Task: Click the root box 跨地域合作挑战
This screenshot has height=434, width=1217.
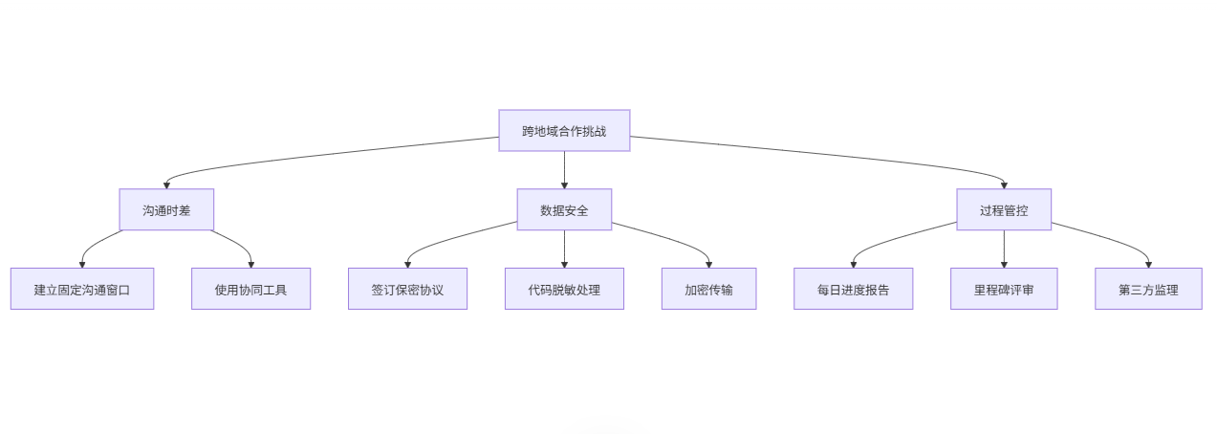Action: pos(564,131)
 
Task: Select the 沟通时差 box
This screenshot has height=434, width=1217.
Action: pos(166,209)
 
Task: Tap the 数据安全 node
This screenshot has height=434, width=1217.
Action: pos(564,209)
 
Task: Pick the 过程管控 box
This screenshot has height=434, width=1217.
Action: pos(1004,209)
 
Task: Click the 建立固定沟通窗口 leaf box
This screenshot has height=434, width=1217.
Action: pos(82,289)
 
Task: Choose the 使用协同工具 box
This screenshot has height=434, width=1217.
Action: pos(250,289)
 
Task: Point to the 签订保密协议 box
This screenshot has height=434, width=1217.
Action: pos(407,289)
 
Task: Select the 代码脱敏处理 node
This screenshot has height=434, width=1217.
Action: pos(564,289)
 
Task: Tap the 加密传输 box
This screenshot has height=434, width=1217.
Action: pos(708,289)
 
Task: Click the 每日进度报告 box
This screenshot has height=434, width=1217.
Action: pos(853,289)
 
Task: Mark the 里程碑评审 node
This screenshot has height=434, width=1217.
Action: pos(1004,289)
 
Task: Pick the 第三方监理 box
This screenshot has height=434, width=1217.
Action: pos(1148,289)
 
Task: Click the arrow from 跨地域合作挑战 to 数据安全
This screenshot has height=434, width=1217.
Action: pos(564,169)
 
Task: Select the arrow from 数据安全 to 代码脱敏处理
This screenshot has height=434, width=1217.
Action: pos(564,249)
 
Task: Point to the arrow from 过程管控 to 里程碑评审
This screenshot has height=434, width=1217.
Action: pos(1004,249)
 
